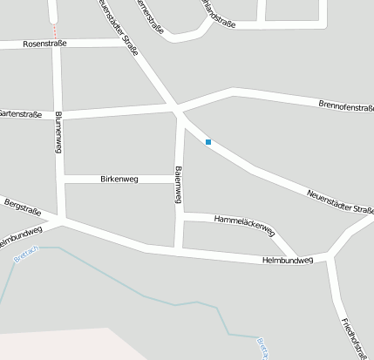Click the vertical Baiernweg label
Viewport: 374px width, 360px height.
tap(177, 185)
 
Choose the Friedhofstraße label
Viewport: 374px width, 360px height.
tap(348, 335)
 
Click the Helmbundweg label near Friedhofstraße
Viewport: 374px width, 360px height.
tap(287, 260)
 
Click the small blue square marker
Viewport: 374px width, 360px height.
tap(207, 141)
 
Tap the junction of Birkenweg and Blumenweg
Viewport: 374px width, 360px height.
tap(60, 180)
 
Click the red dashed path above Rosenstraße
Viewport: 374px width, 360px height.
tap(54, 17)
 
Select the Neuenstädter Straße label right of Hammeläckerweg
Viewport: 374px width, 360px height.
tap(340, 201)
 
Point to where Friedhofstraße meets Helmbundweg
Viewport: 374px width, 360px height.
tap(330, 258)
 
